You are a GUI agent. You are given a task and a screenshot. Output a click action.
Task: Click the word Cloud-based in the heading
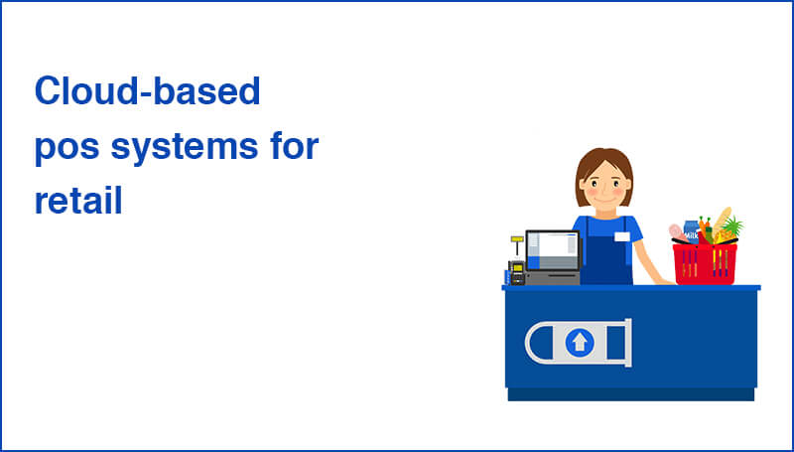(x=147, y=92)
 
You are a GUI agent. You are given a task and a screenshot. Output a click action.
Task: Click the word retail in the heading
(x=77, y=202)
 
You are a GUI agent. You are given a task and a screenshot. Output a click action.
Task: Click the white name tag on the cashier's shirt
(x=621, y=235)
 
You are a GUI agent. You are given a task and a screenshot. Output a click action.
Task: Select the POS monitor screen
(x=552, y=249)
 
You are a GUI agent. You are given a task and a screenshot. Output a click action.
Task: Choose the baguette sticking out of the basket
(x=722, y=222)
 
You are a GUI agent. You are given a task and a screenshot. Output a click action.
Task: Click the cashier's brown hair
(x=603, y=161)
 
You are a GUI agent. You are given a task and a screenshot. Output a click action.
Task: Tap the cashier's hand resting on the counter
(x=660, y=282)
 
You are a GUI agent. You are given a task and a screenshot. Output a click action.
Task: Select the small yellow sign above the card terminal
(x=516, y=239)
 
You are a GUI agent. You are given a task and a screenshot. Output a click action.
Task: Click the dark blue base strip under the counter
(x=630, y=394)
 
